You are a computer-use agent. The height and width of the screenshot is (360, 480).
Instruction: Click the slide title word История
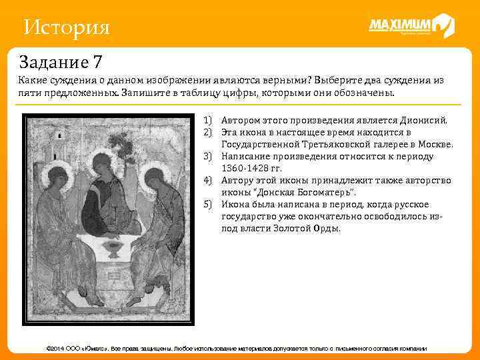tap(66, 28)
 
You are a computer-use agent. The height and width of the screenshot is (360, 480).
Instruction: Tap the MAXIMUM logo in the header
tap(411, 27)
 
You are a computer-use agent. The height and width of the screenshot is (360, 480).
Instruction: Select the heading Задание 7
tap(61, 63)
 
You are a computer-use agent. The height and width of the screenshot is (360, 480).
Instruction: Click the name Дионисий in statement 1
tap(424, 121)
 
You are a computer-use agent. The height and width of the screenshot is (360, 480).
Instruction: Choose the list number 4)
tap(208, 181)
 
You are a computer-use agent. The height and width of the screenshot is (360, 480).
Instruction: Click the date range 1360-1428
tap(245, 169)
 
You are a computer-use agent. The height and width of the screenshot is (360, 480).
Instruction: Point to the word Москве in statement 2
tap(436, 145)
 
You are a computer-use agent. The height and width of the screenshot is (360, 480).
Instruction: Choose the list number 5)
tap(208, 205)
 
